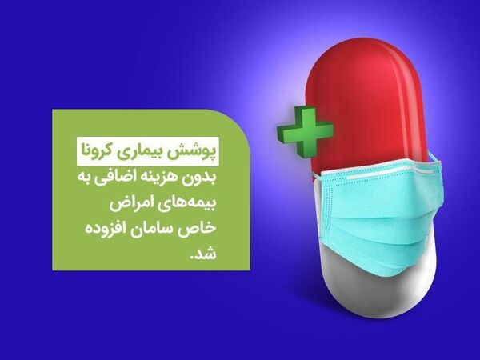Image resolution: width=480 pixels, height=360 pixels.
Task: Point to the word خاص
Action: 201,230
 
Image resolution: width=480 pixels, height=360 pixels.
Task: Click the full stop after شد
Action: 193,259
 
